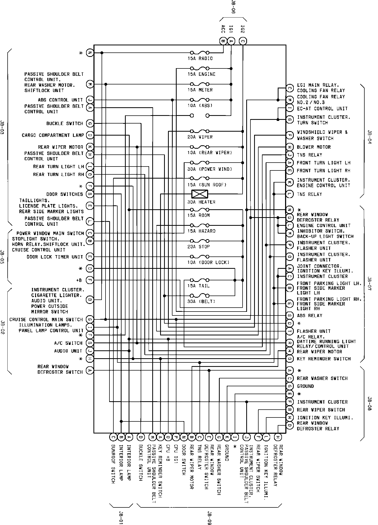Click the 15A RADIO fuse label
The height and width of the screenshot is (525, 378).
coord(200,58)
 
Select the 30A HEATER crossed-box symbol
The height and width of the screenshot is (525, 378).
coord(200,194)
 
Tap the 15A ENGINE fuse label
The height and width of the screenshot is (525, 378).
coord(201,74)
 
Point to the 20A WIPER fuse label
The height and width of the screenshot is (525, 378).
coord(200,137)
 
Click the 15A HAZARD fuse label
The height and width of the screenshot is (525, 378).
coord(201,231)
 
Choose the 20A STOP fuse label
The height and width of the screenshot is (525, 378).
coord(198,247)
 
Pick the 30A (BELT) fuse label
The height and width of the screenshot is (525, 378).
coord(201,302)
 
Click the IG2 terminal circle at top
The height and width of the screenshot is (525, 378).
coord(243,41)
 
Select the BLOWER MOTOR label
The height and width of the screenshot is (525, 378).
coord(314,147)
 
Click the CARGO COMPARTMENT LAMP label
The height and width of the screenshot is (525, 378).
coord(53,135)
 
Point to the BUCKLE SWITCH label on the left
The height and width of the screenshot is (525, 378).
coord(65,124)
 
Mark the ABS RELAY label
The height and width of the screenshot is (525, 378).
coord(309,316)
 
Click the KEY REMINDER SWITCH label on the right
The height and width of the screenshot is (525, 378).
coord(324,359)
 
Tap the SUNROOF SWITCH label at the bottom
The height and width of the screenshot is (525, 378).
coord(113,464)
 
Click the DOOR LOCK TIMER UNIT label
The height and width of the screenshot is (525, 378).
coord(55,257)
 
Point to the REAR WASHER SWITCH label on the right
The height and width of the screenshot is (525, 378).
coord(322,378)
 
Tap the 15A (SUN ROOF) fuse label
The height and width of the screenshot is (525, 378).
coord(207,185)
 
